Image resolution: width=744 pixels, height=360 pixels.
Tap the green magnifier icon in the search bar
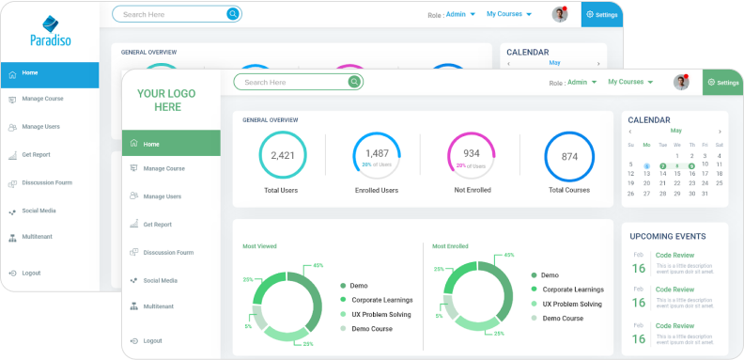pyautogui.click(x=353, y=83)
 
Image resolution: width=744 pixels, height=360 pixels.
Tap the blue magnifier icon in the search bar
pyautogui.click(x=232, y=14)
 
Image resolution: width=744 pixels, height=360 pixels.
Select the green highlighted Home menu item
pyautogui.click(x=171, y=144)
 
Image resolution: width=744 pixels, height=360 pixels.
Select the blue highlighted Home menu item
pyautogui.click(x=49, y=73)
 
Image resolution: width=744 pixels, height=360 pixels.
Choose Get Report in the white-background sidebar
pyautogui.click(x=157, y=225)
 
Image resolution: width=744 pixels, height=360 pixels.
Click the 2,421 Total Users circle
pyautogui.click(x=283, y=156)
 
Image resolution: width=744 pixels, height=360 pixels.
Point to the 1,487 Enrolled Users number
pyautogui.click(x=377, y=153)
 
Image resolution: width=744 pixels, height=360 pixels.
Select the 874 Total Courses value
pyautogui.click(x=569, y=157)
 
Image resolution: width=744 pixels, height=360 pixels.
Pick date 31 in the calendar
pyautogui.click(x=705, y=194)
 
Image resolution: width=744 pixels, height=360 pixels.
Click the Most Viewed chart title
pyautogui.click(x=259, y=246)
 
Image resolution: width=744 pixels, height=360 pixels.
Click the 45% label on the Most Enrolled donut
pyautogui.click(x=508, y=255)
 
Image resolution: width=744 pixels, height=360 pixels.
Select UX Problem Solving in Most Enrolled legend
pyautogui.click(x=572, y=305)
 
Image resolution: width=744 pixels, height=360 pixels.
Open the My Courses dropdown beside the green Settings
pyautogui.click(x=629, y=82)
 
